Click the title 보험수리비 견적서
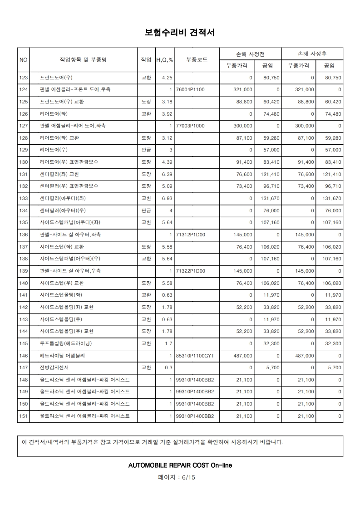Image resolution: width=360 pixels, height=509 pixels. click(179, 33)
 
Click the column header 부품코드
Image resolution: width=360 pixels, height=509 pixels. click(197, 59)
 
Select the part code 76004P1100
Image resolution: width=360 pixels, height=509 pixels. click(190, 90)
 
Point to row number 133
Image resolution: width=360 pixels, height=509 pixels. click(24, 199)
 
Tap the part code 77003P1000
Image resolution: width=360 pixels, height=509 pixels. click(190, 126)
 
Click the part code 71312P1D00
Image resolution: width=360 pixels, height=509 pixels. click(190, 235)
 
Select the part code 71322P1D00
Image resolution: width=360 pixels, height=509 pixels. click(190, 271)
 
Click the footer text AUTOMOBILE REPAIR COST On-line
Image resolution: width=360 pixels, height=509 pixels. click(180, 465)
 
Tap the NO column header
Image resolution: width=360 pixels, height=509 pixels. click(24, 59)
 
